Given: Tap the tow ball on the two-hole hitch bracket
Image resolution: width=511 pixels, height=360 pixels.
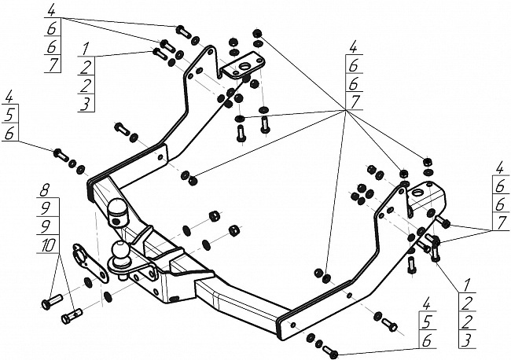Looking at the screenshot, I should point(121,251).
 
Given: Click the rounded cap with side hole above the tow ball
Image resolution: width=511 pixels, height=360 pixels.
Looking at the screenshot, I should point(118,209).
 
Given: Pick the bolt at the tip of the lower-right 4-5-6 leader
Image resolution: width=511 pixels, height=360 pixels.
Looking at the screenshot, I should point(329,349).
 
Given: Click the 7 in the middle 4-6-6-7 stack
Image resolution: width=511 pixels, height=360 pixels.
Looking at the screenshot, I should point(355,101).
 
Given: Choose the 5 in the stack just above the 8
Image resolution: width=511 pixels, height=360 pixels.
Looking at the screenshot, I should point(10,115).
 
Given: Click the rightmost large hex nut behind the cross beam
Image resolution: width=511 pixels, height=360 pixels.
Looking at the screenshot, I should point(233,230).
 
